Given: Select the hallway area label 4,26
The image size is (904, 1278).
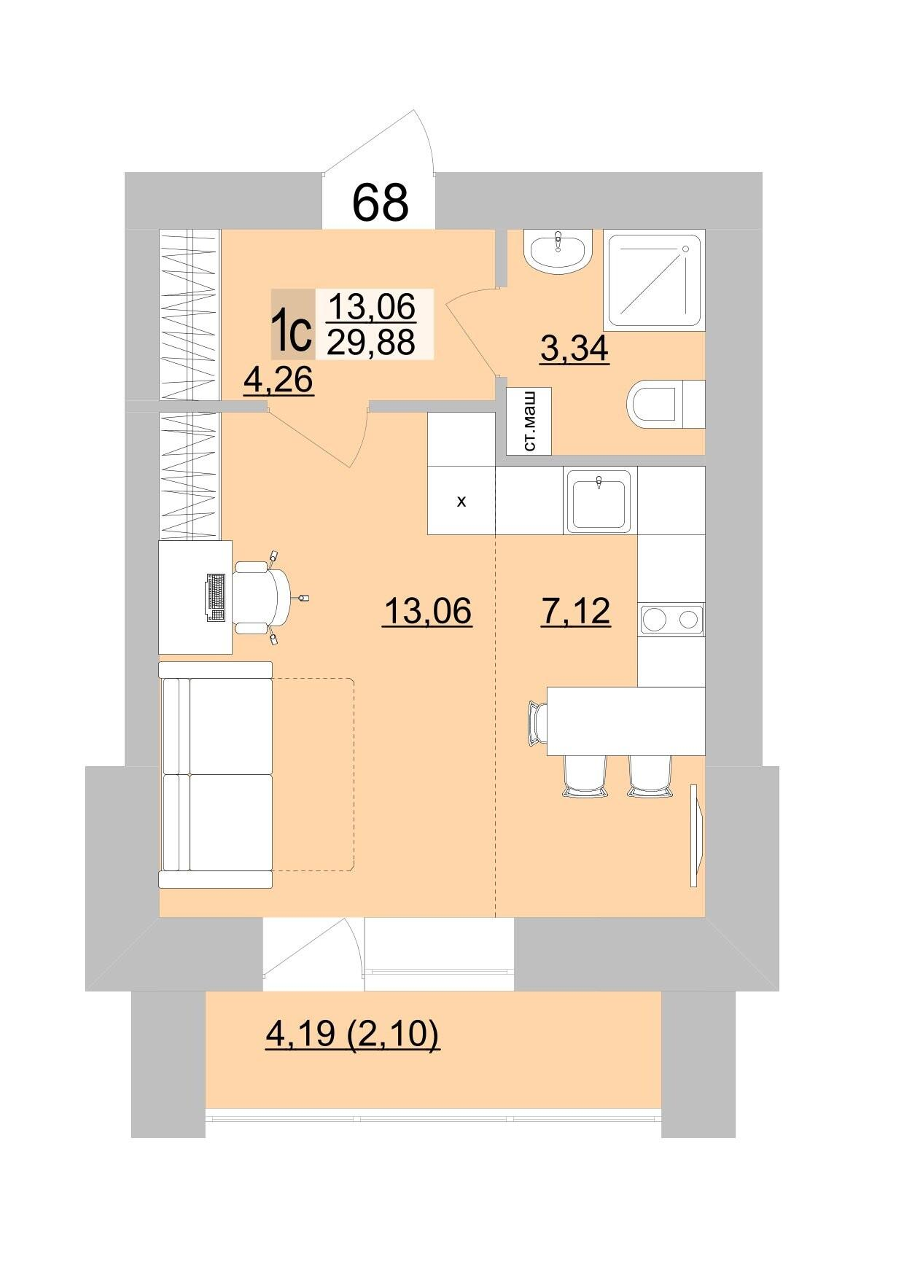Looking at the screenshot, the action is [278, 380].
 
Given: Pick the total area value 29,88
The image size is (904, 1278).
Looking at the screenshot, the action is [371, 340].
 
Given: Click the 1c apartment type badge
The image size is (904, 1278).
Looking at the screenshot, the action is [293, 324].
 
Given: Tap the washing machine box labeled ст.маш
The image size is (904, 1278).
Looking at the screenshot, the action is [529, 421].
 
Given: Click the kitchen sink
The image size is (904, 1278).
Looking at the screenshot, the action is [601, 500].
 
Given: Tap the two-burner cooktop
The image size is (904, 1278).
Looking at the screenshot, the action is [671, 620].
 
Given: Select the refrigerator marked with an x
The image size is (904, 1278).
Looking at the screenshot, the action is [461, 501].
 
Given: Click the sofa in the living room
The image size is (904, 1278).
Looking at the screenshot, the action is [216, 774].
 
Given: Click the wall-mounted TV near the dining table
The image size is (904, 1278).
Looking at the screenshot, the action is [696, 835].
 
